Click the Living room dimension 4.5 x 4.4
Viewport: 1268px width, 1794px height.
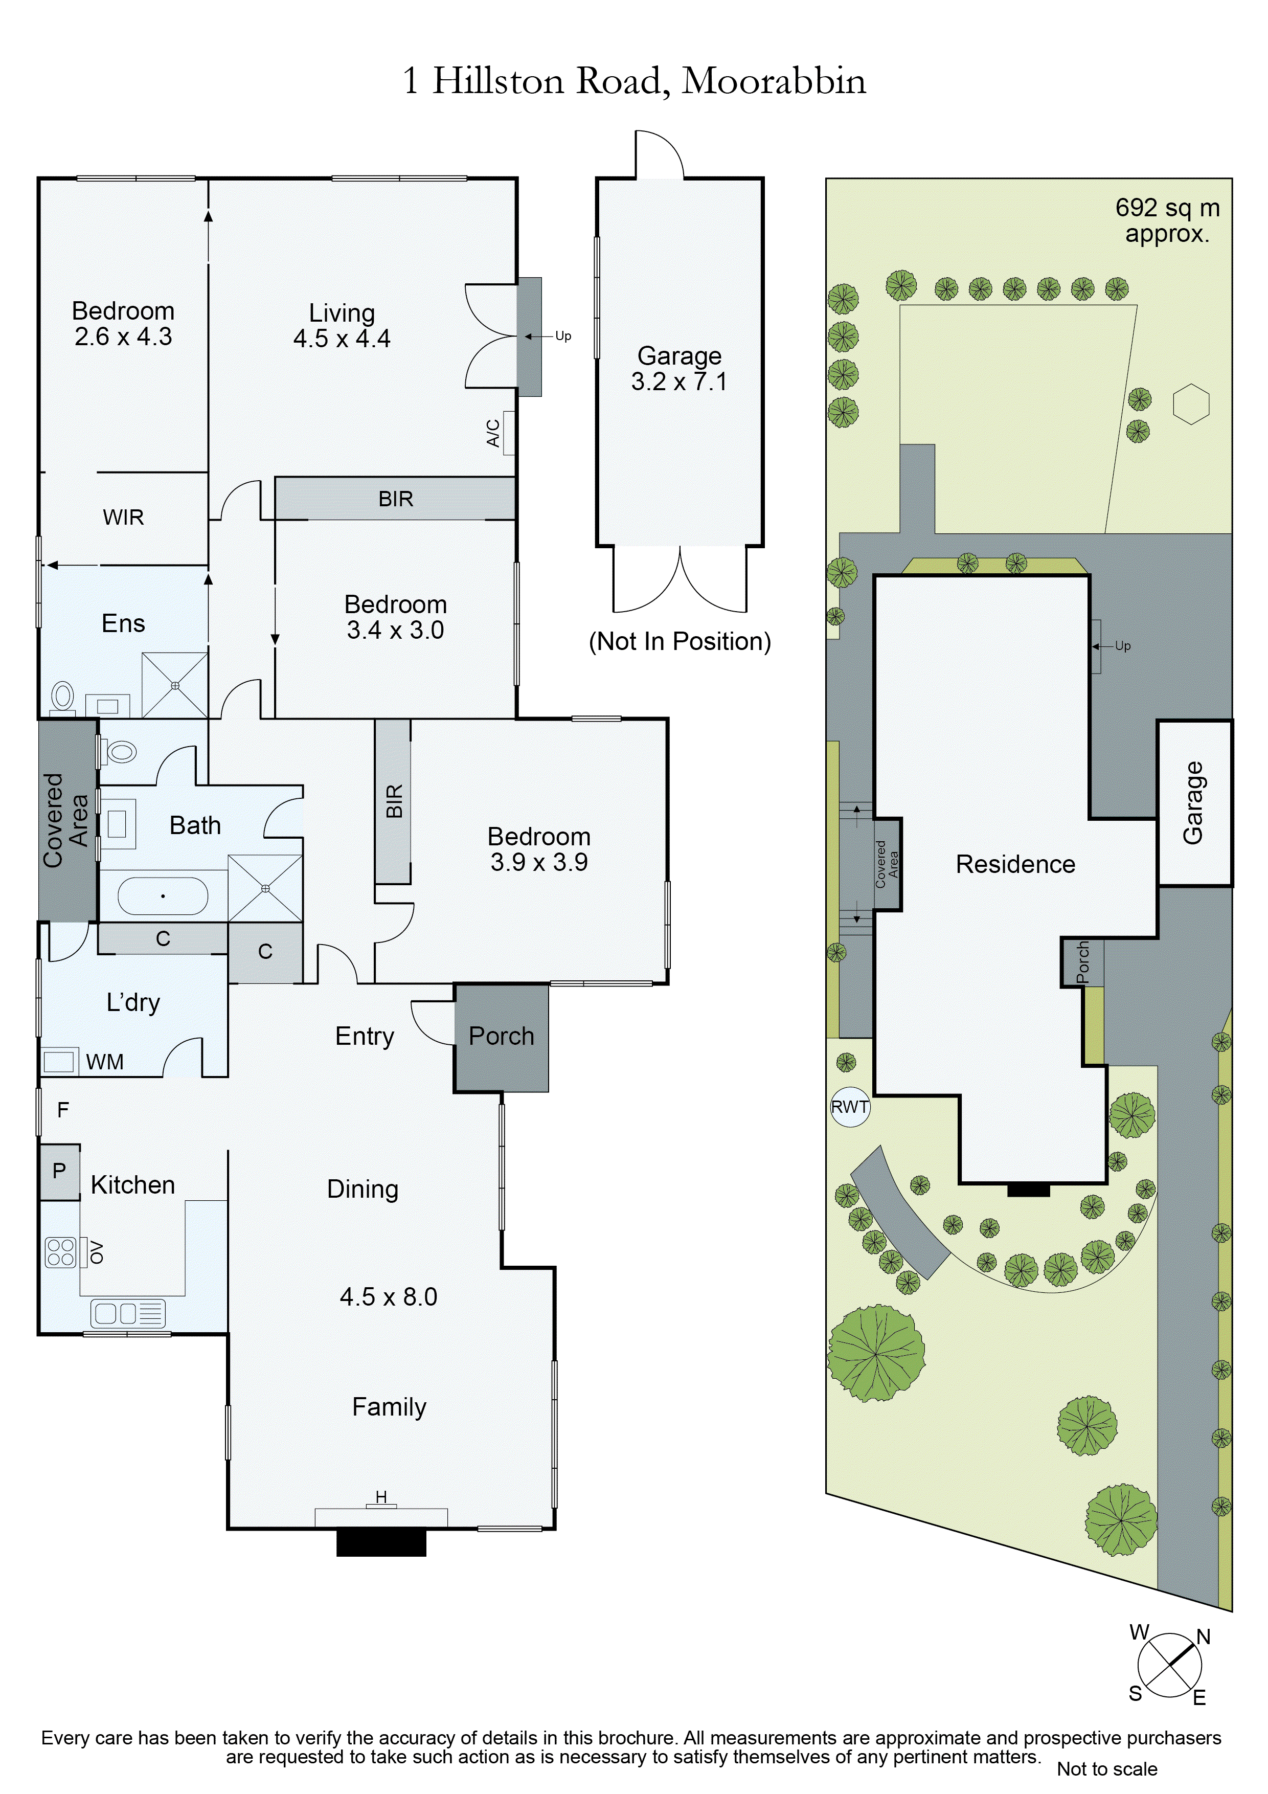tap(342, 339)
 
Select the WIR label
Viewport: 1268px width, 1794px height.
tap(123, 517)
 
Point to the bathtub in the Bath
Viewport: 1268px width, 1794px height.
tap(163, 895)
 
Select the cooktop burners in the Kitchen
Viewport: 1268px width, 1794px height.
tap(60, 1252)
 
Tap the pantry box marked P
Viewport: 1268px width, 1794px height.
tap(59, 1171)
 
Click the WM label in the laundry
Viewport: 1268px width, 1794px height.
tap(105, 1062)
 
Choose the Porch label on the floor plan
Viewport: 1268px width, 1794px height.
tap(501, 1036)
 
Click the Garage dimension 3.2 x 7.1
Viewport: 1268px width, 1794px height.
tap(679, 382)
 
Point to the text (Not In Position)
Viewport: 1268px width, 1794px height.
tap(679, 641)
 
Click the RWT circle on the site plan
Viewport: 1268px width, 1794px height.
tap(849, 1107)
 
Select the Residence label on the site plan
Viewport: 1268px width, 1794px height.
tap(1015, 864)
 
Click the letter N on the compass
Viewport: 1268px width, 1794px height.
tap(1203, 1637)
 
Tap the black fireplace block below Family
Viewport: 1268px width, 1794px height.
tap(381, 1542)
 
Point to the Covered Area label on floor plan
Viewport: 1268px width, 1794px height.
tap(65, 820)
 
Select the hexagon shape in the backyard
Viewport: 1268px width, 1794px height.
tap(1191, 405)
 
